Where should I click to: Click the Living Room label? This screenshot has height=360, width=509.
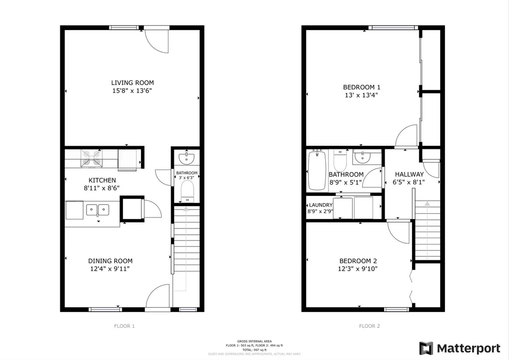point(132,83)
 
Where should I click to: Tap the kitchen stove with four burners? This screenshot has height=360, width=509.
point(92,158)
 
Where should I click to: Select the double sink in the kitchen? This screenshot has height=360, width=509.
point(98,210)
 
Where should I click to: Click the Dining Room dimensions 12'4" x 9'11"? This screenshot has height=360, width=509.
point(110,269)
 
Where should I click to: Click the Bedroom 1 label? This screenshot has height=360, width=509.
point(361,87)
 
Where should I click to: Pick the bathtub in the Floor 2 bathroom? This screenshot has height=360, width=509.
point(317,170)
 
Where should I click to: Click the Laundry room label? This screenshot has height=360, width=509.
point(320,205)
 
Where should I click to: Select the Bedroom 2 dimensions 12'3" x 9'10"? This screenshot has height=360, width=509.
point(357,269)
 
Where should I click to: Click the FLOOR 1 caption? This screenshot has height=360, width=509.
point(124,326)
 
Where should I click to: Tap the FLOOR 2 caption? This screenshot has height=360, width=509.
point(369,326)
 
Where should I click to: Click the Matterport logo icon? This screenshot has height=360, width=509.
point(426,348)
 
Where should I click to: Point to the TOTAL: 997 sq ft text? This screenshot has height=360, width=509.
point(254,350)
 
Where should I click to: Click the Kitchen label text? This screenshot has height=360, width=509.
point(102,180)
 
